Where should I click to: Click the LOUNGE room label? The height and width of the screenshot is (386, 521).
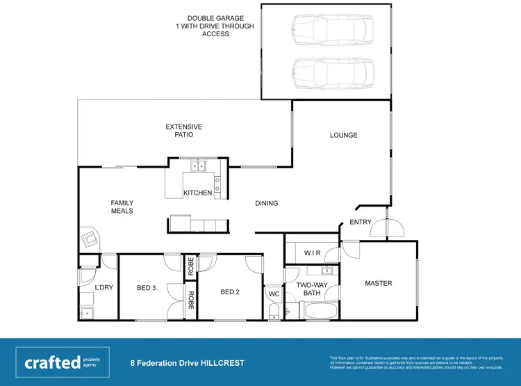pos(343,135)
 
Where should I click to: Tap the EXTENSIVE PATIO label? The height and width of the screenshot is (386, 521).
pos(184,131)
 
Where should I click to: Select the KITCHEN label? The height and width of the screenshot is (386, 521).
pos(197,193)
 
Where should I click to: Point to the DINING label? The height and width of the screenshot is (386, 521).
pos(266,204)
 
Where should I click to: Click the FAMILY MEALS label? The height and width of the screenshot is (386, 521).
pos(122,207)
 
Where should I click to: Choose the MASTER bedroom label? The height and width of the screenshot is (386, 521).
pos(379,283)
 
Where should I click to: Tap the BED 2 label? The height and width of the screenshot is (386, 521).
pos(230,292)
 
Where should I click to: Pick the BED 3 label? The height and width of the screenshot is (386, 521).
pos(147,288)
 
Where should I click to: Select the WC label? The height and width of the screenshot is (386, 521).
pos(274,293)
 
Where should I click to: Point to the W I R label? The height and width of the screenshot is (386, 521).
pos(312,253)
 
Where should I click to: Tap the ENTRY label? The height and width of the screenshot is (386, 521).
pos(361,223)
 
